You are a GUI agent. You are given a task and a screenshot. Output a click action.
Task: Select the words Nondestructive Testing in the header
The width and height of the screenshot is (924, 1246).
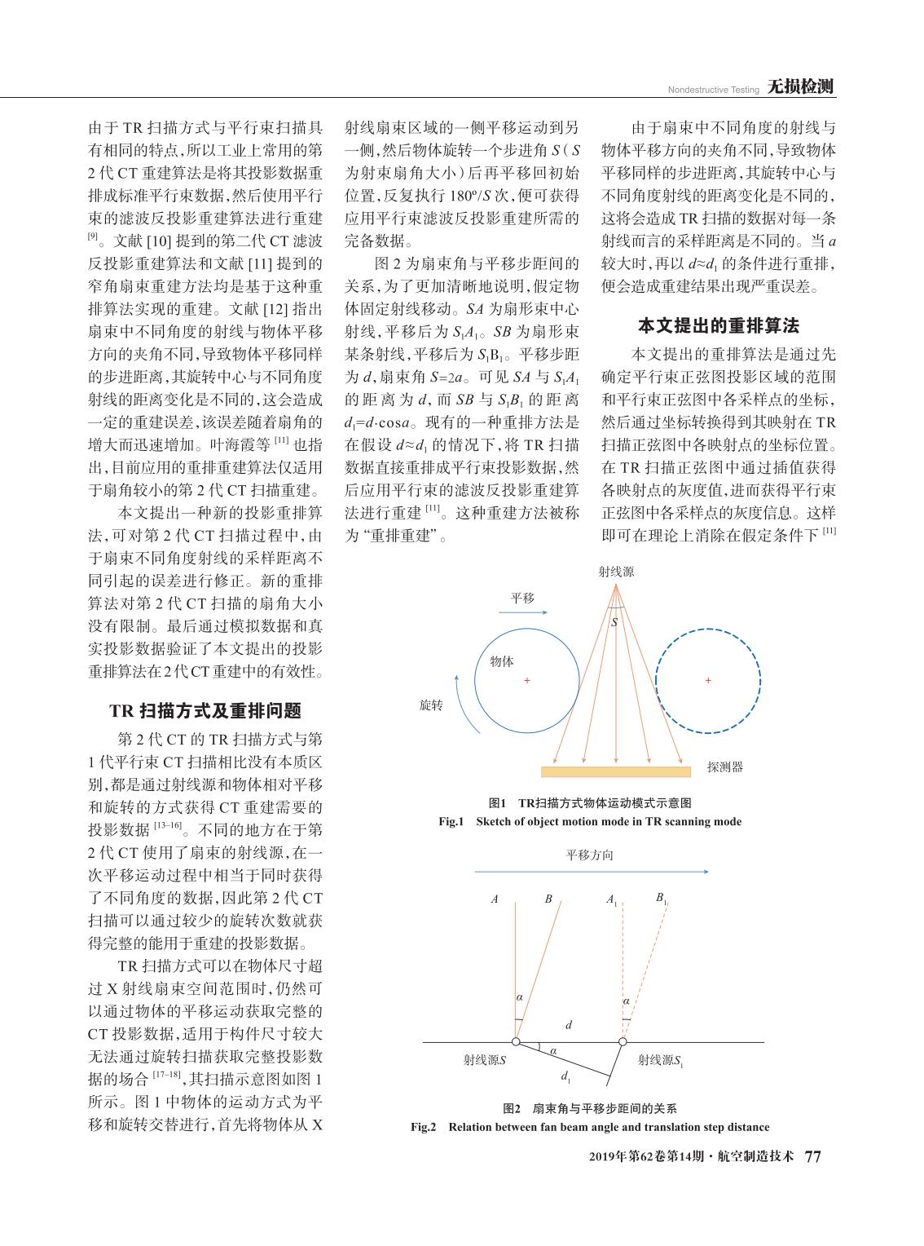pos(714,90)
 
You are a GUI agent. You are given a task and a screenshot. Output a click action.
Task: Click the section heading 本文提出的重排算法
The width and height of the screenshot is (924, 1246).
pos(718,326)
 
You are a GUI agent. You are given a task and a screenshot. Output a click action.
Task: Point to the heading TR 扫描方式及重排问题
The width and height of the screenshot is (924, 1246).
pos(205,710)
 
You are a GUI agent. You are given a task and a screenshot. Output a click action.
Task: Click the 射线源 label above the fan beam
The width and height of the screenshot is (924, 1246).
pos(616,572)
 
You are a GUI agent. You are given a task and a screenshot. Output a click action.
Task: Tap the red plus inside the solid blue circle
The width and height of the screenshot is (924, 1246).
pos(527,680)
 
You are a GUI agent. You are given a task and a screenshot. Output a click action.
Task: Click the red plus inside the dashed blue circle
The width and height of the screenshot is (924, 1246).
pos(708,680)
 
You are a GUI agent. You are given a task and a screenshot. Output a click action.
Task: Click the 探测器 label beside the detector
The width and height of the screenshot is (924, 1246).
pos(725,767)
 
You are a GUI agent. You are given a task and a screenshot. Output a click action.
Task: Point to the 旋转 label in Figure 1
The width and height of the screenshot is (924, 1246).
pos(431,705)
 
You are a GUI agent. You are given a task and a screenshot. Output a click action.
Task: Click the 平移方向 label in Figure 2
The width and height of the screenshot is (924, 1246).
pos(589,855)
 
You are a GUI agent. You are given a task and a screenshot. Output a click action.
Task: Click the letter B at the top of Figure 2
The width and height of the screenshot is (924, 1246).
pos(548,899)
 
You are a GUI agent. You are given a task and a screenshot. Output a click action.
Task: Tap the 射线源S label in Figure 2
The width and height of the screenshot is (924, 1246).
pos(485,1060)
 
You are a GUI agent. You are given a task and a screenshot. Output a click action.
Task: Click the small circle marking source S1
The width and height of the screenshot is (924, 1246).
pos(623,1041)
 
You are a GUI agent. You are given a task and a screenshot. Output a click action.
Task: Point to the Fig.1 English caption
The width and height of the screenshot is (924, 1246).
pos(590,821)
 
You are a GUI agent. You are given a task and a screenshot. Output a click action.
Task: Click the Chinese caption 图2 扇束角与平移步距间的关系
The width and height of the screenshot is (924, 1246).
pos(590,1108)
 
